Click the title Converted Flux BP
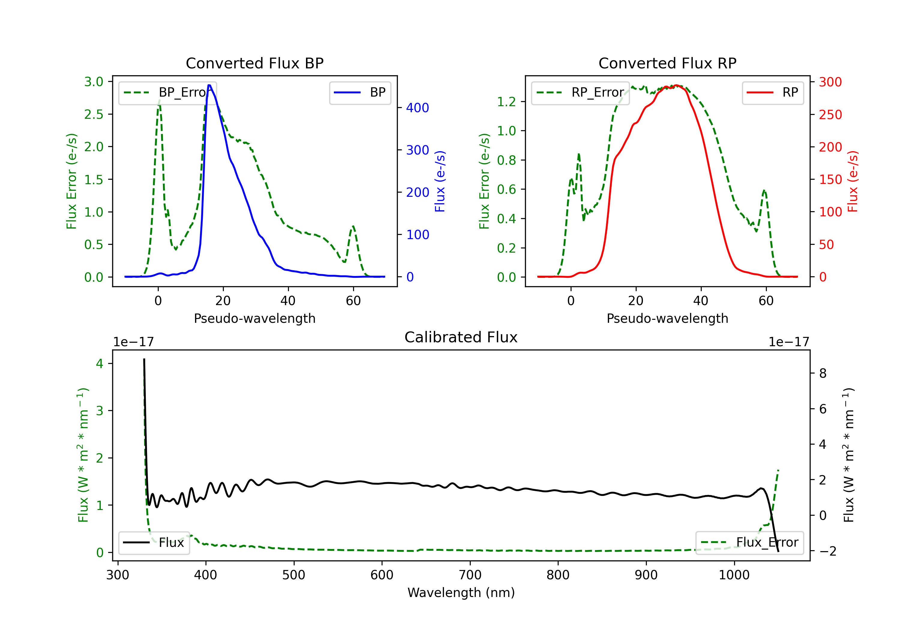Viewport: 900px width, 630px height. click(254, 63)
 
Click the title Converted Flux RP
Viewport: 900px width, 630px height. click(667, 63)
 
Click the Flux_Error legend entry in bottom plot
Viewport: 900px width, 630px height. click(749, 543)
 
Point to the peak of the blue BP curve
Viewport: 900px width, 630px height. click(209, 85)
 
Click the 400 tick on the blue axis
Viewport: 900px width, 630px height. click(418, 108)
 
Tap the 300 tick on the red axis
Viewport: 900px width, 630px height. click(830, 82)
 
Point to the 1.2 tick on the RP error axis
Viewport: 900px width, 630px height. click(506, 102)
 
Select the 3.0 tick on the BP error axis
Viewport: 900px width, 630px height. click(94, 82)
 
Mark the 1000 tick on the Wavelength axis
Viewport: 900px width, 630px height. click(734, 575)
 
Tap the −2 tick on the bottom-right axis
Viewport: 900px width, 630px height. click(827, 551)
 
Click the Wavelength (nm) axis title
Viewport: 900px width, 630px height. click(461, 592)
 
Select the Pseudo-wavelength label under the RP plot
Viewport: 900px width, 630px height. click(667, 318)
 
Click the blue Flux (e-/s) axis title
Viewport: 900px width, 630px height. click(440, 181)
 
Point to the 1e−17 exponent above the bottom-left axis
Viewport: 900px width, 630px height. click(133, 342)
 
